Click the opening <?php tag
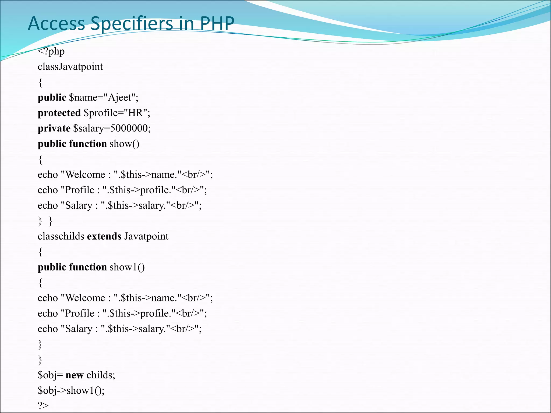[x=51, y=51]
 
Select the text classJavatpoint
[x=70, y=67]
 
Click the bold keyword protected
[x=59, y=113]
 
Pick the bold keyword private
[x=54, y=128]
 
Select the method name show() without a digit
[x=124, y=144]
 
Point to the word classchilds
[x=61, y=236]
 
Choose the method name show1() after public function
[x=127, y=267]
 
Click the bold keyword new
[x=75, y=375]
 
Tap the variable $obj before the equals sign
[x=47, y=375]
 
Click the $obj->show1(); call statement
[x=71, y=390]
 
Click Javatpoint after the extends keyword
[x=146, y=236]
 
